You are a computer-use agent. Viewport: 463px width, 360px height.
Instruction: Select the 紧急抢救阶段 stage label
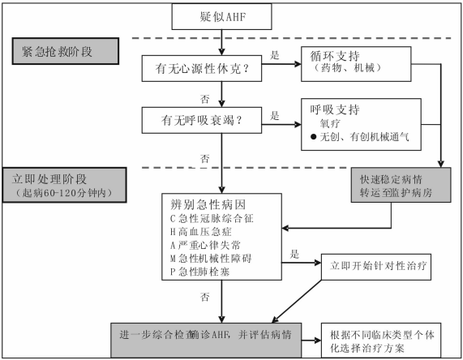click(65, 51)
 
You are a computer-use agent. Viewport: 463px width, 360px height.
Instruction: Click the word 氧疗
click(332, 124)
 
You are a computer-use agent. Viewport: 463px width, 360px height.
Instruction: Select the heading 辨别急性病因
click(206, 203)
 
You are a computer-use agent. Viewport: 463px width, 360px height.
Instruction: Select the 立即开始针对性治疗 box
click(378, 264)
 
